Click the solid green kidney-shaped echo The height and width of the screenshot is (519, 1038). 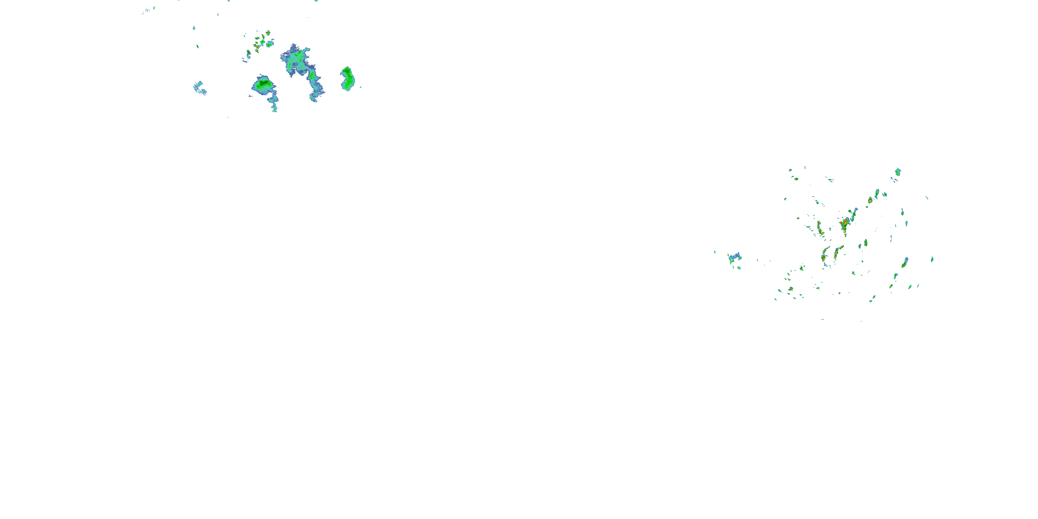point(347,79)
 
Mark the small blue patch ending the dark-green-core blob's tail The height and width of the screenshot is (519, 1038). point(274,108)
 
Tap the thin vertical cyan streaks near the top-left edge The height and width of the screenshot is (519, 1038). point(147,10)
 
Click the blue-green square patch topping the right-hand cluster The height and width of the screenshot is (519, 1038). point(898,172)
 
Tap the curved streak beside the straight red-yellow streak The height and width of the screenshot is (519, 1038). point(825,255)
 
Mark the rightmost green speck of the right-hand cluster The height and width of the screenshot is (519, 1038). point(932,259)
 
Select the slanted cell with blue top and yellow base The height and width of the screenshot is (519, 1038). point(905,263)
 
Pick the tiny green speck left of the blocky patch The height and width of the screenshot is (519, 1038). point(715,252)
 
